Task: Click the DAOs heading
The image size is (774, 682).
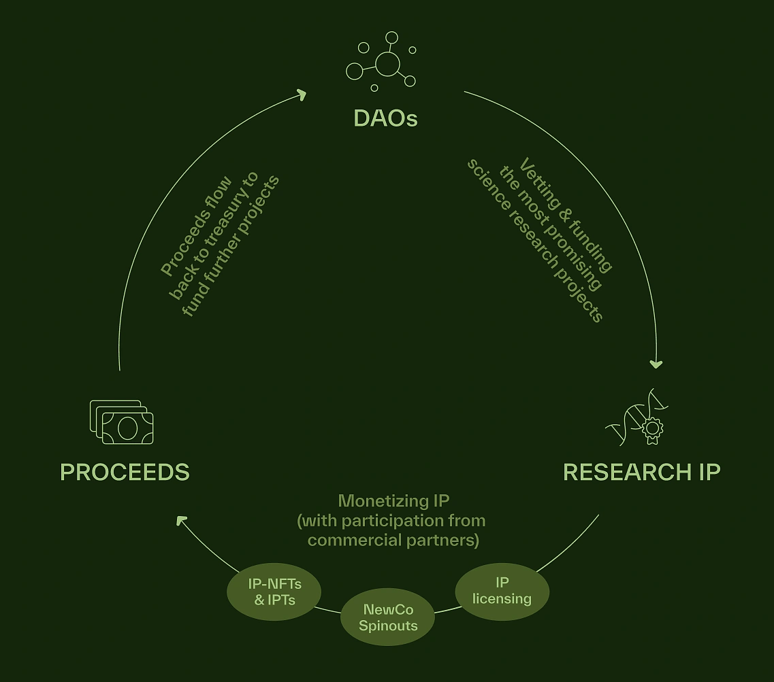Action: coord(385,118)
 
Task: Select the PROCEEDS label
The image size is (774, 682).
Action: coord(125,472)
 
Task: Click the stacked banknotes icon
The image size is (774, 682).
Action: coord(122,422)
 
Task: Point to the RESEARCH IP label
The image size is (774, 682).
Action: coord(641,472)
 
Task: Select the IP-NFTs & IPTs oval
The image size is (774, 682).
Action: coord(274,592)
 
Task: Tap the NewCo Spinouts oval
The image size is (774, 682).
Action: coord(388,617)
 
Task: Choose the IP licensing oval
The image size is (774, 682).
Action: coord(502,591)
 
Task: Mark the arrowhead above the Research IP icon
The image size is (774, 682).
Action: coord(656,364)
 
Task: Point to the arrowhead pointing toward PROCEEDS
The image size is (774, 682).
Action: coord(182,521)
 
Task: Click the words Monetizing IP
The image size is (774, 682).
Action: coord(393,501)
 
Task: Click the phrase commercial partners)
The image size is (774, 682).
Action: coord(393,541)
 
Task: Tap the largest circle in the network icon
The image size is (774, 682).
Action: coord(387,64)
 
